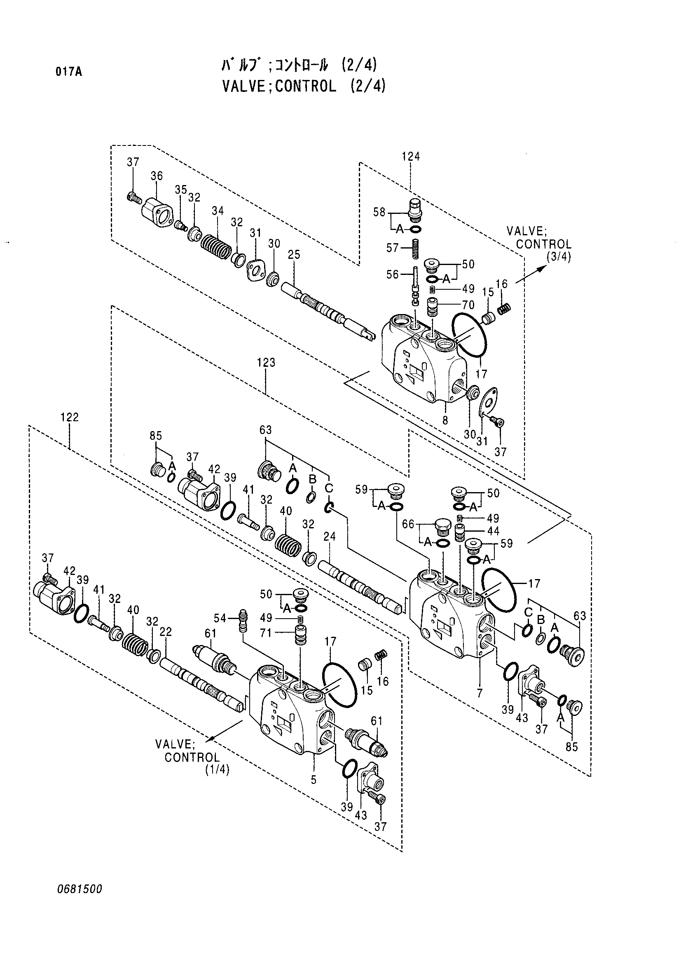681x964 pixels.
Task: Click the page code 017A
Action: [68, 72]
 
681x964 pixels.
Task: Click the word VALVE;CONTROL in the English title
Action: [279, 86]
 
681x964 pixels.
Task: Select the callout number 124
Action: [410, 156]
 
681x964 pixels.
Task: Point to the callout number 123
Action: [266, 362]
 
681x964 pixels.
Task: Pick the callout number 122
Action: [69, 417]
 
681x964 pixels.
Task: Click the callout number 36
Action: [157, 176]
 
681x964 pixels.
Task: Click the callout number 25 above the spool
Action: [294, 254]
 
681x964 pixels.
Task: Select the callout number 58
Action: [379, 212]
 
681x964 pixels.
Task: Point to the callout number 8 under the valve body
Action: [445, 420]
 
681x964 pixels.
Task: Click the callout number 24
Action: [330, 536]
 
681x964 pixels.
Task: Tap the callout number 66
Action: [408, 524]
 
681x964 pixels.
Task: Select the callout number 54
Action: [220, 618]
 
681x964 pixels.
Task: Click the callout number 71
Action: [266, 633]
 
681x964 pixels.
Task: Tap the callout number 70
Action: [468, 305]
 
